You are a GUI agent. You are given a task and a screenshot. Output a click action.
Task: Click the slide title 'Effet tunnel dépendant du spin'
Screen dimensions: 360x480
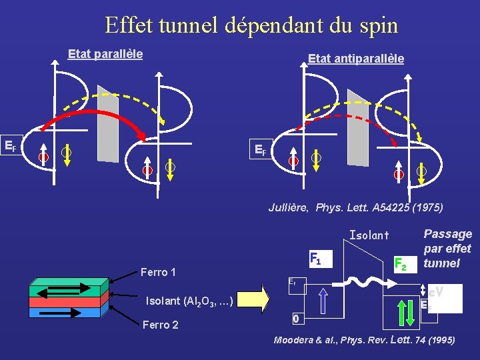click(251, 25)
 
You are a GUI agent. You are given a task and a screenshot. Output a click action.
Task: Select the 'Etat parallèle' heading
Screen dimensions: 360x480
click(105, 54)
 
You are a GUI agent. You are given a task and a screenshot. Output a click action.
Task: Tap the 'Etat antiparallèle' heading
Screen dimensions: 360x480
click(355, 59)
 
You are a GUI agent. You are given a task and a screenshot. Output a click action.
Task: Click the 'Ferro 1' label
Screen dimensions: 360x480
click(158, 272)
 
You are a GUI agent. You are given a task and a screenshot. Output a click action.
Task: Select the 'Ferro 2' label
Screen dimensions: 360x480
click(160, 325)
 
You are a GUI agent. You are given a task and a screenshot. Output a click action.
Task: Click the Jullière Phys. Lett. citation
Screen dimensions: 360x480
click(355, 207)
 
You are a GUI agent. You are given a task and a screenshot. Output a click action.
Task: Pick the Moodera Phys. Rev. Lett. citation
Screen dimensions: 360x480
click(364, 340)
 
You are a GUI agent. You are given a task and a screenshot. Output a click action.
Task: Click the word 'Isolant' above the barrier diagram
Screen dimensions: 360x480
click(369, 235)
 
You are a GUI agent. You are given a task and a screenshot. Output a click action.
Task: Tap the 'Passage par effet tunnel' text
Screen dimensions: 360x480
click(447, 248)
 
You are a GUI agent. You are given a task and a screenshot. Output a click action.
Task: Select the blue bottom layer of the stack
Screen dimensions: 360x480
click(65, 311)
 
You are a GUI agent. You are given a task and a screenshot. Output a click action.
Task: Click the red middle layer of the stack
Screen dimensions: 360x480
click(65, 301)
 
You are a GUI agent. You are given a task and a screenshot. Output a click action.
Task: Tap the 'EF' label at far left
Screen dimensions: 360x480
click(11, 145)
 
